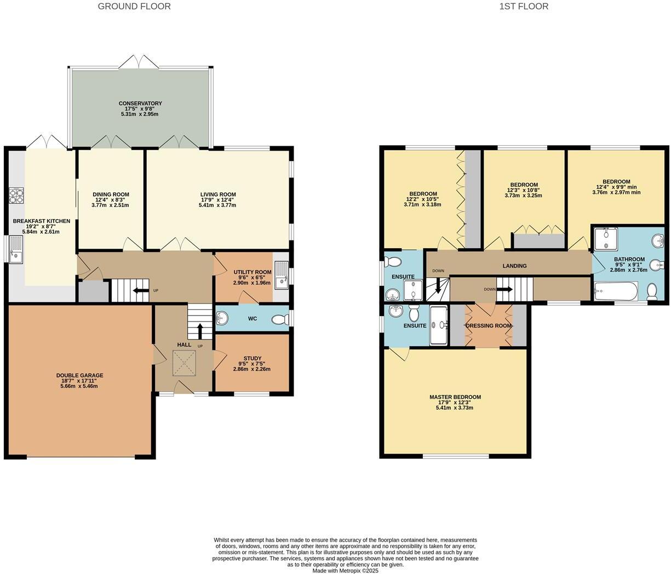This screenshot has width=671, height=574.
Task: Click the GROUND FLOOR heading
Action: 134,7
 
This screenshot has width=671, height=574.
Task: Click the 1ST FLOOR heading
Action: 524,7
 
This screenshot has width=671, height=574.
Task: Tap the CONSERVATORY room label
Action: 141,104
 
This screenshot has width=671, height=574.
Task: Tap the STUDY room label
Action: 252,358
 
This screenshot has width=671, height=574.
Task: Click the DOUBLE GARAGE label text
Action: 79,376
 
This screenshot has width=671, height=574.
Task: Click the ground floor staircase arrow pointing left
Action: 141,290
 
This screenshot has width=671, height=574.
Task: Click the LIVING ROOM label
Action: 217,194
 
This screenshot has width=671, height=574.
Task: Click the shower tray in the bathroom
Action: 606,239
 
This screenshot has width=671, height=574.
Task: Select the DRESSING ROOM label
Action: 489,326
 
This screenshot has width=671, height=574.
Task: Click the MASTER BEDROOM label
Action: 455,397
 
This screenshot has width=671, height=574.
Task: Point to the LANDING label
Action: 514,266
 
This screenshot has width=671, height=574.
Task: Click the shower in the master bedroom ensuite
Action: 439,325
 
